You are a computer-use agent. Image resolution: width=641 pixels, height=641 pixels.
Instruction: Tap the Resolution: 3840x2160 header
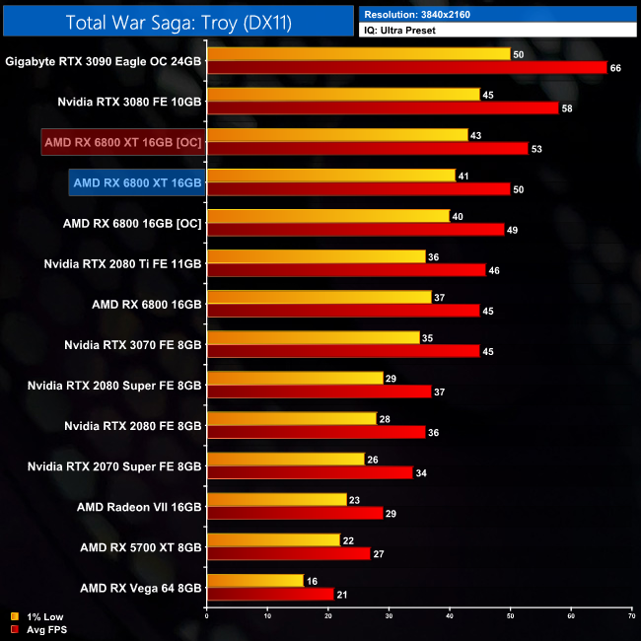coord(424,15)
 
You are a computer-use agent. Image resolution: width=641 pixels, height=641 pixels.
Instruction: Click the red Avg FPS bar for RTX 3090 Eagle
coord(406,67)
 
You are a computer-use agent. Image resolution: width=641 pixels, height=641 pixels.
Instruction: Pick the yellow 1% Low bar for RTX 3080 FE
coord(343,95)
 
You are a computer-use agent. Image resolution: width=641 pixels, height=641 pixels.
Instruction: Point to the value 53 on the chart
coord(536,148)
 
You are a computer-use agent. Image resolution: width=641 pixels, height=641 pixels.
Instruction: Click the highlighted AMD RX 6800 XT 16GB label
coord(137,182)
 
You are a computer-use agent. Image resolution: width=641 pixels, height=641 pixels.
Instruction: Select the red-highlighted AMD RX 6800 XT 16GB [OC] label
coord(122,142)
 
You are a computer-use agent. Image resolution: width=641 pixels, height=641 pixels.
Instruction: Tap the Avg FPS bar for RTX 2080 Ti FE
coord(346,269)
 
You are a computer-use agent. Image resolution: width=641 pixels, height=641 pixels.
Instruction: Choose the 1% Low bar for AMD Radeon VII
coord(276,500)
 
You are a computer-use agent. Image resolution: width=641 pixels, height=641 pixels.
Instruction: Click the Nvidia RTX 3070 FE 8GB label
coord(132,345)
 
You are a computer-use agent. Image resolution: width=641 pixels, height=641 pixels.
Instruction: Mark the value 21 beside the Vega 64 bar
coord(342,594)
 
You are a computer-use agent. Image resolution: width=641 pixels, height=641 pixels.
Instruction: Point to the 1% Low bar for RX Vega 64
coord(255,581)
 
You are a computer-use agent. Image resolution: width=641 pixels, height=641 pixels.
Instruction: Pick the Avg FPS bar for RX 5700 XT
coord(288,553)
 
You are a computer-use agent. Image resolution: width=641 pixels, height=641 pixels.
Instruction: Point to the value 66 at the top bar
coord(615,67)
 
